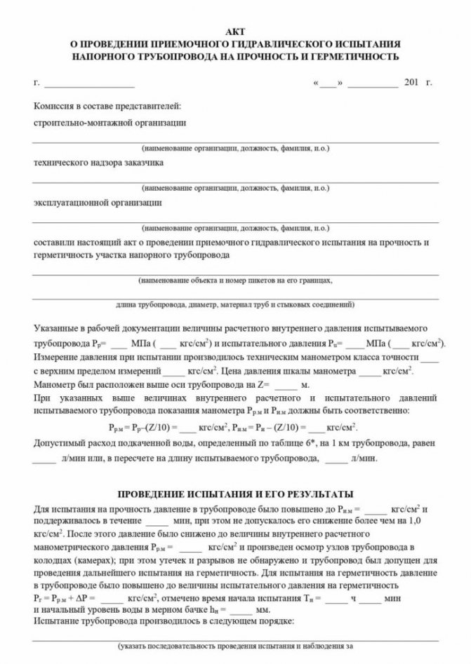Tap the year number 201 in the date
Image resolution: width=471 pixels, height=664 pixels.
(412, 83)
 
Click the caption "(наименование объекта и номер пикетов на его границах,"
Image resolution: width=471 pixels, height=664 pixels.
(235, 279)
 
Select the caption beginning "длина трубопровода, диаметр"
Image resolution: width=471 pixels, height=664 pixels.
(235, 306)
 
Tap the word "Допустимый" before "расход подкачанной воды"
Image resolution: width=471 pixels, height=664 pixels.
(58, 444)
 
